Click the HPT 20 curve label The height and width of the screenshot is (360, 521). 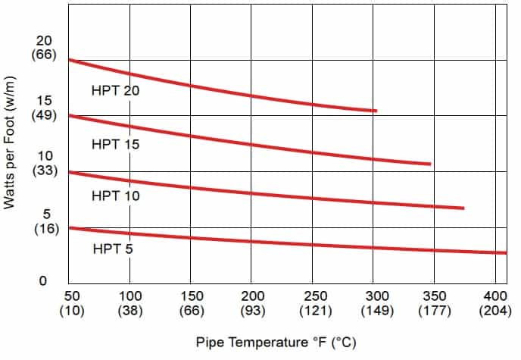(x=116, y=90)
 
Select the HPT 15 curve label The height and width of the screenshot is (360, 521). (x=116, y=143)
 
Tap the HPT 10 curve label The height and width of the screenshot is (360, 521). (x=116, y=196)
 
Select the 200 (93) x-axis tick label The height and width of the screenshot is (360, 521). (x=252, y=302)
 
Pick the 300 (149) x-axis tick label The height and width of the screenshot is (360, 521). (x=375, y=302)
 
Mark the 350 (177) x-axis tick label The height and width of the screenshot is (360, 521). (x=435, y=302)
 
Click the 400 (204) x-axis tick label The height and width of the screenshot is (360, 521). (x=495, y=302)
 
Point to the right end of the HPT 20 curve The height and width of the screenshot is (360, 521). (x=375, y=111)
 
